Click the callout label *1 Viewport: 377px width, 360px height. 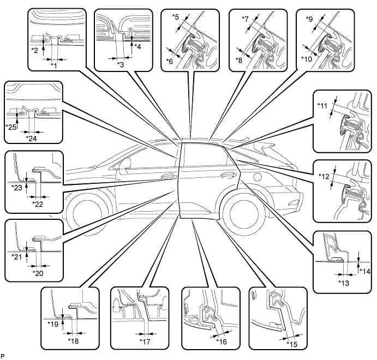54,65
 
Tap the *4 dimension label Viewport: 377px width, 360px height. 137,46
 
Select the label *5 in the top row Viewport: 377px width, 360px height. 176,17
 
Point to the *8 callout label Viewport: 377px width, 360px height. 239,61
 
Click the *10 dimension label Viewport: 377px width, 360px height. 307,59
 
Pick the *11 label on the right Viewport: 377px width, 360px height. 322,106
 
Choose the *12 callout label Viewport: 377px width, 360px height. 324,177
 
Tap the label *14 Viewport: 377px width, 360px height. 365,272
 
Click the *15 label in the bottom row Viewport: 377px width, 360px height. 292,344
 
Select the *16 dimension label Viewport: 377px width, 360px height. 222,341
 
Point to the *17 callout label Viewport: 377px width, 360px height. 145,341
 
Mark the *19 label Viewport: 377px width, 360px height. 53,324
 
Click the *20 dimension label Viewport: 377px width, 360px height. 38,273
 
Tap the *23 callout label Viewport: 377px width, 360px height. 17,188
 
